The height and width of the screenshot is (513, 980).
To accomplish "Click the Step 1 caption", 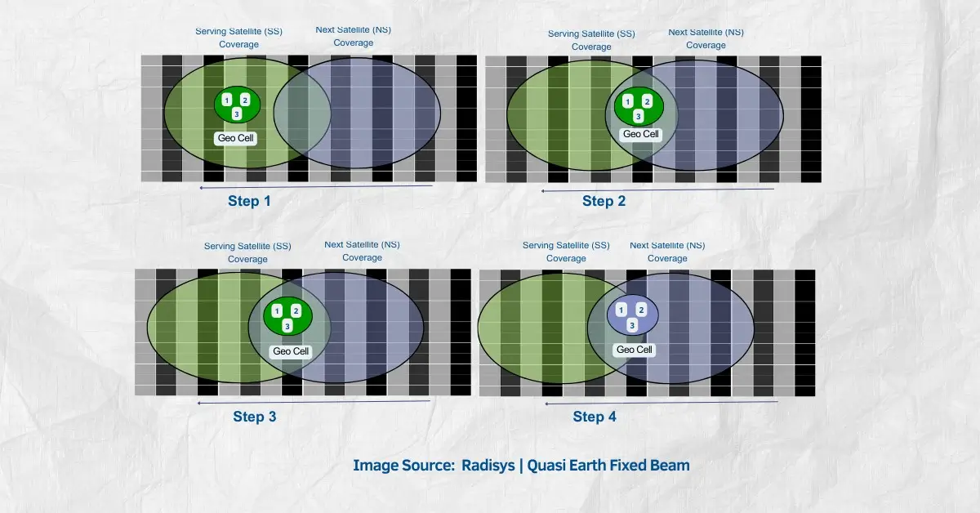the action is tap(249, 201).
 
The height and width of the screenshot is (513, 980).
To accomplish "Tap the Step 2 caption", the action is tap(604, 201).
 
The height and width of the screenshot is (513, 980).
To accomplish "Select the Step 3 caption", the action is tap(255, 417).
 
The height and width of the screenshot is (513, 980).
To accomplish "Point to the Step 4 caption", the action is tap(595, 417).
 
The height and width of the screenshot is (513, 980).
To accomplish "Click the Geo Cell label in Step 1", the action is tap(235, 138).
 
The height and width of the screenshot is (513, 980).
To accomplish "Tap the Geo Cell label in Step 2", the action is tap(640, 134).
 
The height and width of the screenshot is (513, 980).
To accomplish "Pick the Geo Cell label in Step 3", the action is tap(291, 351).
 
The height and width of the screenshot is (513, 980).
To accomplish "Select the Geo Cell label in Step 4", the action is tap(634, 350).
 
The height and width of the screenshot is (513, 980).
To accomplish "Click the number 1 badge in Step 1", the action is tap(227, 100).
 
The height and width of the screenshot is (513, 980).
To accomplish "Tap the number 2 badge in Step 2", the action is tap(647, 102).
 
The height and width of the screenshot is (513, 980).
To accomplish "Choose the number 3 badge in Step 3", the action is tap(287, 326).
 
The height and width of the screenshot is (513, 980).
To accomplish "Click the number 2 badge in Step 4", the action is tap(641, 310).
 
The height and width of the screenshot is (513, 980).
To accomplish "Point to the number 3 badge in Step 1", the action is tap(237, 114).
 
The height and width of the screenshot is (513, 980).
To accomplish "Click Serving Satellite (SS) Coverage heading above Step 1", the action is tap(238, 38).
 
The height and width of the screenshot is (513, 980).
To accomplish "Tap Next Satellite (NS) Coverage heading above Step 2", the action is tap(706, 38).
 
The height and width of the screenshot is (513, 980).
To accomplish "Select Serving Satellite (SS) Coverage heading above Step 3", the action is tap(247, 252).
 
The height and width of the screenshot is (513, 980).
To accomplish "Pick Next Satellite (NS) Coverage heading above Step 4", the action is tap(667, 252).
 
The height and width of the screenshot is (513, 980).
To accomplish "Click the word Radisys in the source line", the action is tap(488, 465).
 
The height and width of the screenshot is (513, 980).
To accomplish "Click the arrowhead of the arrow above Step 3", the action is tap(199, 403).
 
